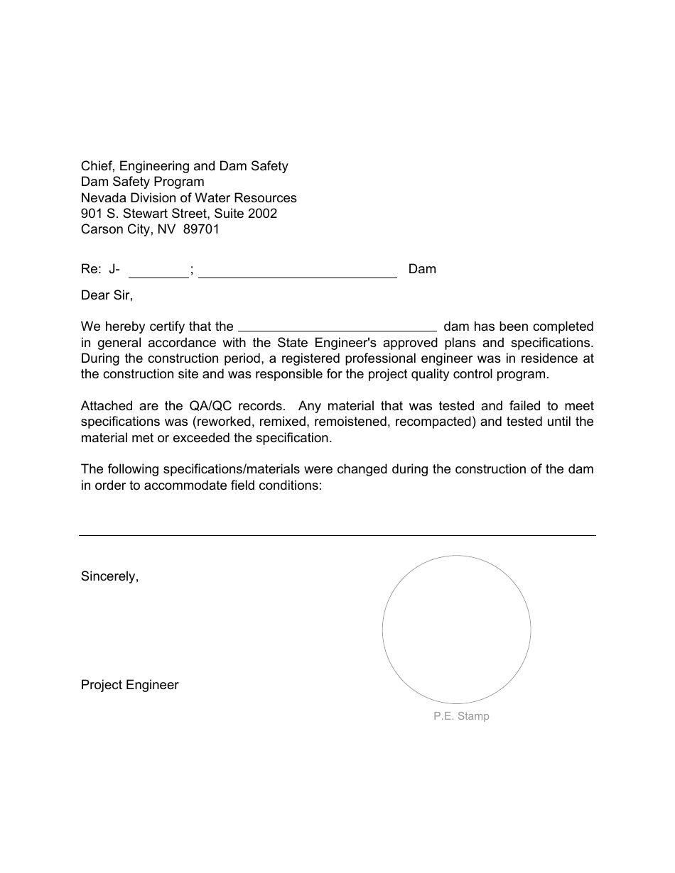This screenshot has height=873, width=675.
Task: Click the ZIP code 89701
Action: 201,229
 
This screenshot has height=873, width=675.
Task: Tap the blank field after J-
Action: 158,271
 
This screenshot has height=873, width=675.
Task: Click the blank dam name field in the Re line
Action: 298,271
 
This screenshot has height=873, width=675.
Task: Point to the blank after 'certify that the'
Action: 337,327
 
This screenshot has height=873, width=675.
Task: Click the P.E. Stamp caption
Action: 461,716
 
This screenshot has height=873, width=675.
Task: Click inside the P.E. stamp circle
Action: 456,630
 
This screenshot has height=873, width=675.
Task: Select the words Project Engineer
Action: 130,685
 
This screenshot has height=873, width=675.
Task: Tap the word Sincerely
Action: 109,576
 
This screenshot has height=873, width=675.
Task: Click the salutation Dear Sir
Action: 107,295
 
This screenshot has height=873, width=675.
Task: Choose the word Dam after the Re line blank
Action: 422,269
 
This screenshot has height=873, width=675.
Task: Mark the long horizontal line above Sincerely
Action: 337,535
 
